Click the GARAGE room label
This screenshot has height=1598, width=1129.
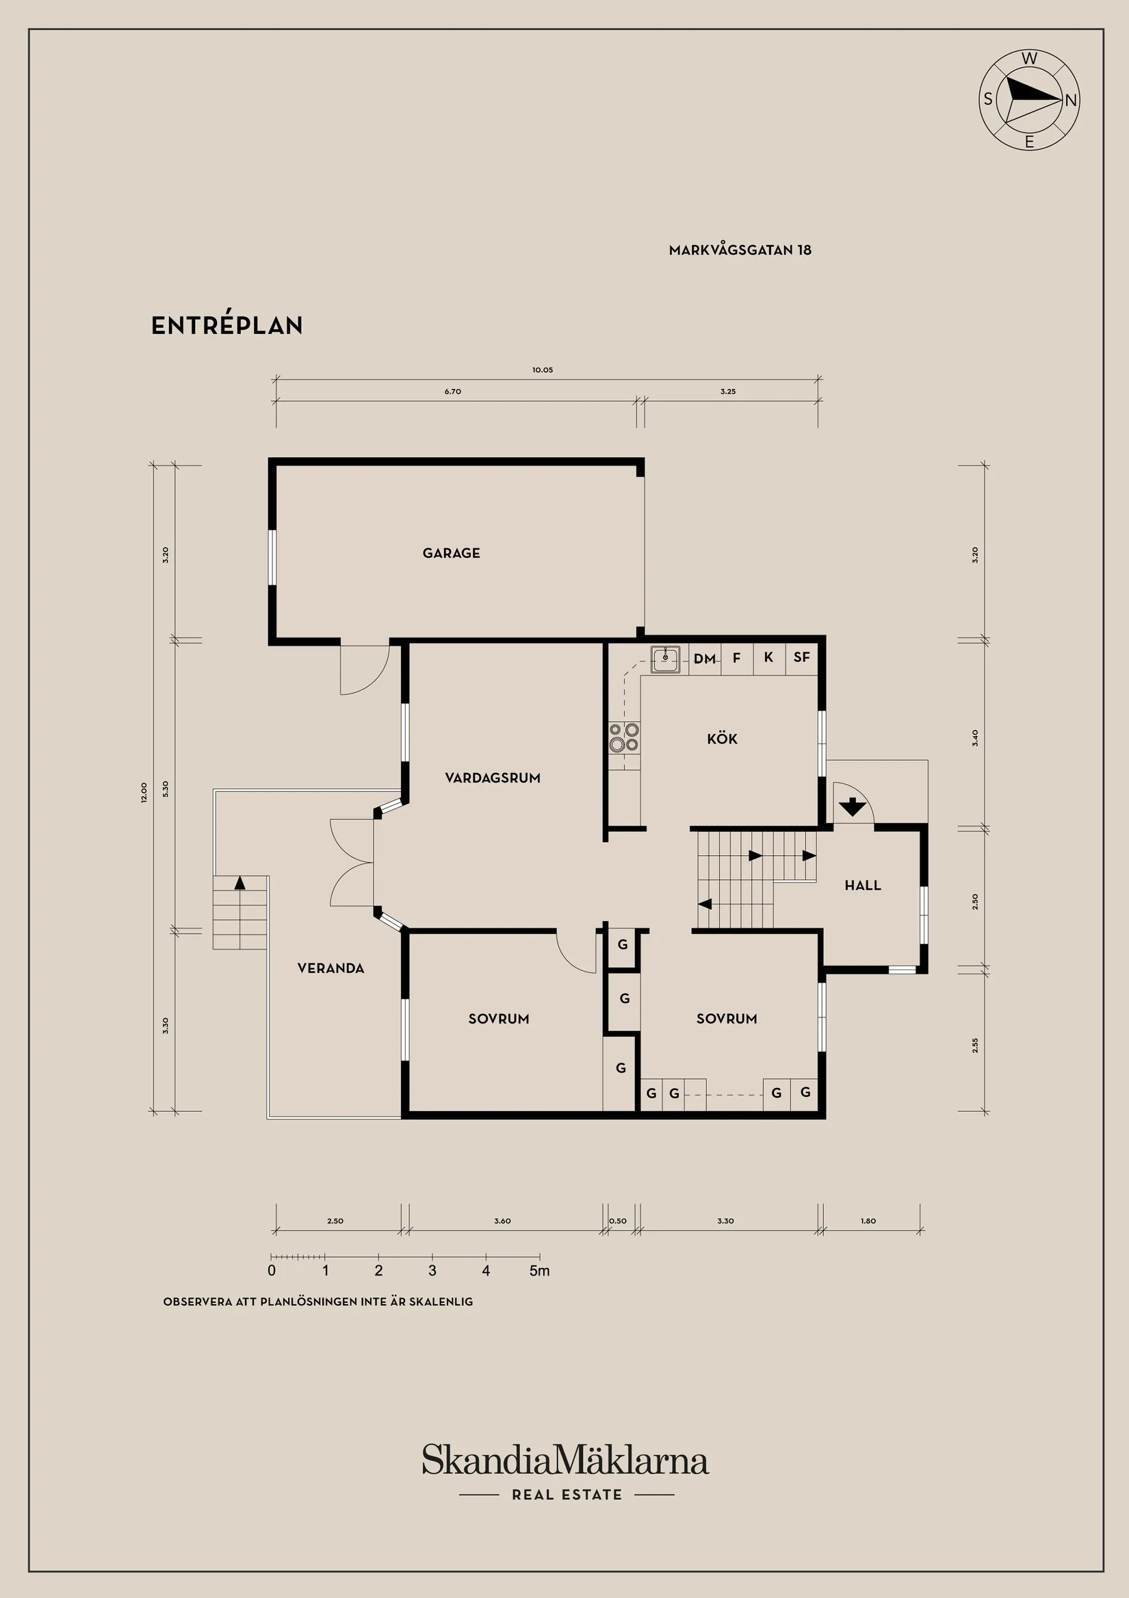click(452, 553)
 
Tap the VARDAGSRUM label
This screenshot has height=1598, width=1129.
click(493, 778)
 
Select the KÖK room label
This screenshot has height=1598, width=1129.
click(722, 739)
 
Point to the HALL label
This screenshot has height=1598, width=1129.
click(863, 886)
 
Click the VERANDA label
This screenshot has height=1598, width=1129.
click(330, 968)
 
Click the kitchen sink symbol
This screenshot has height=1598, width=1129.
click(666, 659)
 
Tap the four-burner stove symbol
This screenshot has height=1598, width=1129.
click(624, 738)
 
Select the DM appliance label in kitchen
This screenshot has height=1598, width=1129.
click(705, 659)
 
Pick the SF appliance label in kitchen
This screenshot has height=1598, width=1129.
click(801, 657)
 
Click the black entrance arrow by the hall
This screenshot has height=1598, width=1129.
click(851, 808)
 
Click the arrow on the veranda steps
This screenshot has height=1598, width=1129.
click(240, 883)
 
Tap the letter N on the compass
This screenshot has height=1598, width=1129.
click(1071, 100)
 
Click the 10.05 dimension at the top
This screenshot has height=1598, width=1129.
click(543, 370)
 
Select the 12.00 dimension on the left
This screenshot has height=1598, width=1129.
click(144, 793)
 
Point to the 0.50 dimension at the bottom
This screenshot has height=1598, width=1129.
click(618, 1221)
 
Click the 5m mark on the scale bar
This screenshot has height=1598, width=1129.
click(539, 1271)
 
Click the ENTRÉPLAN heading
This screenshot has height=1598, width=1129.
click(226, 326)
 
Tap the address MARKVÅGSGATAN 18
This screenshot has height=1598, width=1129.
click(740, 251)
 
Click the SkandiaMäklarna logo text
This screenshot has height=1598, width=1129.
click(565, 1460)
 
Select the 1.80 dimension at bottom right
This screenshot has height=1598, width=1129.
click(868, 1221)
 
